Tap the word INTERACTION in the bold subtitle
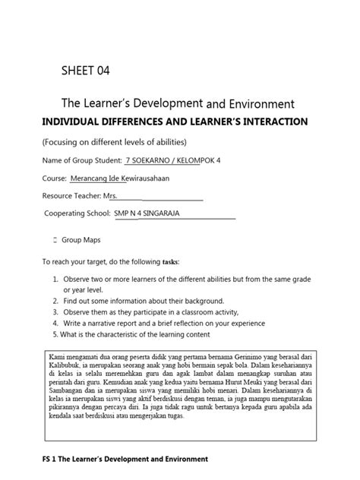tap(270, 122)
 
